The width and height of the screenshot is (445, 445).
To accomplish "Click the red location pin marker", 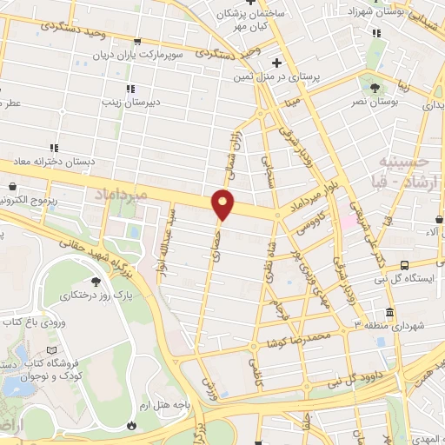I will (x=224, y=204).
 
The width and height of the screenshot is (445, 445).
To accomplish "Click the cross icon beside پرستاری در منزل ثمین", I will (x=276, y=63).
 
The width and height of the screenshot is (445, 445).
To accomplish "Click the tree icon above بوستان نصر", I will (x=375, y=87).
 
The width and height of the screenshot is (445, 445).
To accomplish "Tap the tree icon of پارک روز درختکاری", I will (x=97, y=281).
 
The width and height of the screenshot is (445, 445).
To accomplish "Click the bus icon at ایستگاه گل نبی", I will (x=404, y=265).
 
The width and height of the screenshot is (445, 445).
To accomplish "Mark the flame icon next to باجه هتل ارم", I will (x=130, y=426).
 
